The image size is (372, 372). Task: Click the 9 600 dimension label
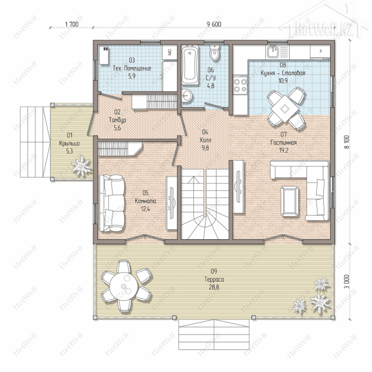pos(214,24)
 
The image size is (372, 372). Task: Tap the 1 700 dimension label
pos(72,24)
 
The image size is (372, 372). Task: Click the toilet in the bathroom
pos(215,52)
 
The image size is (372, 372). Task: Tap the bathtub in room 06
pos(190,64)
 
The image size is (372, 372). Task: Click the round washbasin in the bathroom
pos(187,96)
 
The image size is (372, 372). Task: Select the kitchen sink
pos(273,52)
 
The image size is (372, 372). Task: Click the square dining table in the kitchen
pos(285,108)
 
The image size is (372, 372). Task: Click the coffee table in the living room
pos(290,201)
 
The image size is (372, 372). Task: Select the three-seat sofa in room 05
pos(112,203)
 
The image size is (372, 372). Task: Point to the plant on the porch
pos(81,166)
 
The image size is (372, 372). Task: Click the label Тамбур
pos(117,120)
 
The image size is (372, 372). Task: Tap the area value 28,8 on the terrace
pos(214,288)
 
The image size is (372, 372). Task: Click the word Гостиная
pos(283,142)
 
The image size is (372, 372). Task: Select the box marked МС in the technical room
pos(170,52)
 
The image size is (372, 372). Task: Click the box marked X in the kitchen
pos(320,51)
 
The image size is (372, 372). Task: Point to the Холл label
pos(205,140)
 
